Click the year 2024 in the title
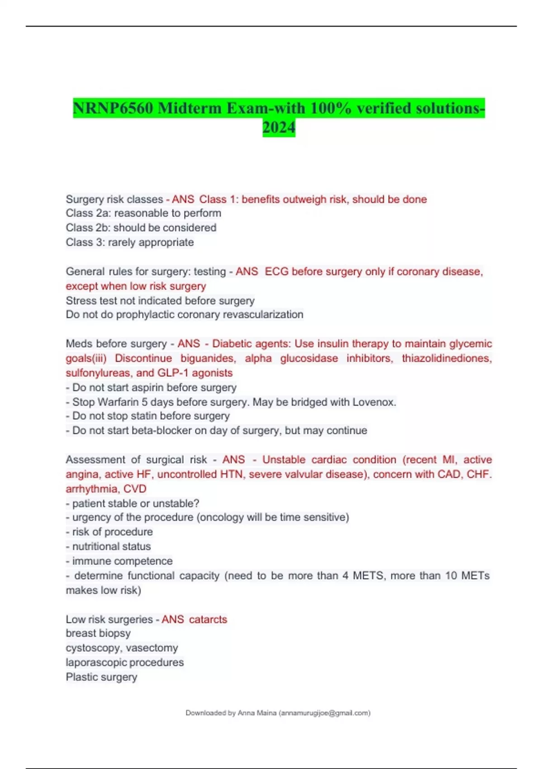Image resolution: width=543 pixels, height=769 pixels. [279, 128]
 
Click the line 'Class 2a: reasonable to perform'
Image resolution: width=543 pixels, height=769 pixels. [143, 213]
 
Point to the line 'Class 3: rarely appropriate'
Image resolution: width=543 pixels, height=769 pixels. [129, 242]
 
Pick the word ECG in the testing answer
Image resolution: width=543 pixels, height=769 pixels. [275, 271]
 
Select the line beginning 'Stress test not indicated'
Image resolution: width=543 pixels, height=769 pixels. [160, 300]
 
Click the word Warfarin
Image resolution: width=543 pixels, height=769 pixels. [118, 402]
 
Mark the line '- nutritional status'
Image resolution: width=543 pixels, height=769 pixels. [109, 546]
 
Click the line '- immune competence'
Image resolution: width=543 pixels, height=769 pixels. [119, 561]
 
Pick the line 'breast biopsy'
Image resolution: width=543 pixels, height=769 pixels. [98, 633]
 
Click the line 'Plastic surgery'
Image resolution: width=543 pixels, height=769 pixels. [101, 677]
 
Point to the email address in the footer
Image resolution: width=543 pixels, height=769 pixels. [325, 713]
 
